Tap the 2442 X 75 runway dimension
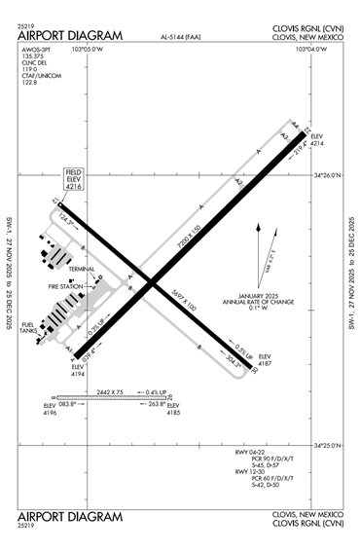tap(112, 391)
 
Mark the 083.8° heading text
tap(67, 403)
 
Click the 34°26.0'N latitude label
tap(328, 176)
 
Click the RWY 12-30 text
tap(251, 471)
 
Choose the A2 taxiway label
tap(236, 181)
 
